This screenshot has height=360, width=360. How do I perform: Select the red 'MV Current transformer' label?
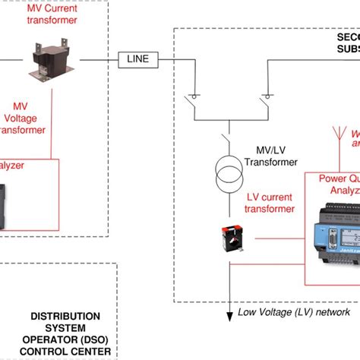(52, 14)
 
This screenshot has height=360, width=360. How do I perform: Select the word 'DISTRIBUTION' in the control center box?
(65, 315)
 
